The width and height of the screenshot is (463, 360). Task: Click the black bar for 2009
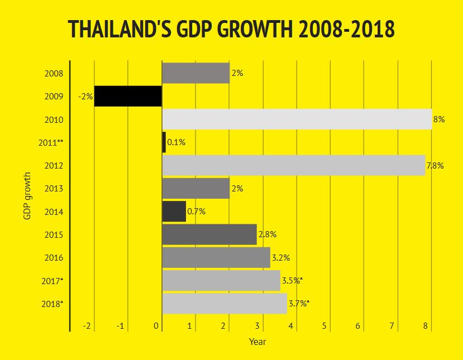point(128,96)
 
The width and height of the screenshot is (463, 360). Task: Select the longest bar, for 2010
point(297,119)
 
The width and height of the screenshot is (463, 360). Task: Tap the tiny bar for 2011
point(164,142)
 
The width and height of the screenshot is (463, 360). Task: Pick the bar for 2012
point(293,166)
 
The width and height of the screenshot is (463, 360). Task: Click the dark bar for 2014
point(174,212)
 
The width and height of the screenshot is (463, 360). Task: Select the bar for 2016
point(216,258)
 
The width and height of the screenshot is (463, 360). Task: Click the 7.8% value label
point(435,166)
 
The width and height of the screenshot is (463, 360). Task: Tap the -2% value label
point(85,97)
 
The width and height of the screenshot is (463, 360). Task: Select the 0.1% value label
point(176,142)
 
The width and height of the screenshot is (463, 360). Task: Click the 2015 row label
point(54,235)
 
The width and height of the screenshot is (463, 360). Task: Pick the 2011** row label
point(51,143)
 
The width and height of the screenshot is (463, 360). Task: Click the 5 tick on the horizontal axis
point(324,325)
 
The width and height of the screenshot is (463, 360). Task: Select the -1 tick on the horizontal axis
point(120,325)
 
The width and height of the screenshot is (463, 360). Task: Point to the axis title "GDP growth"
point(27,196)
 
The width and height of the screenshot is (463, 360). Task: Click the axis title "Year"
point(257,341)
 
